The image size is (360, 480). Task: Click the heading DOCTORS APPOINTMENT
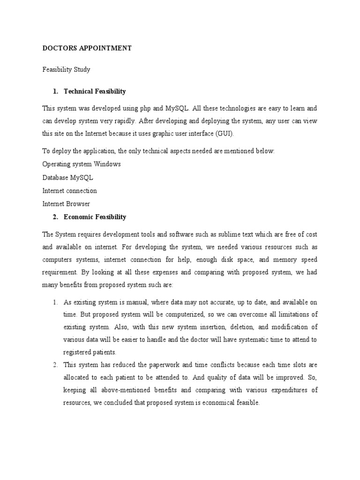coord(87,48)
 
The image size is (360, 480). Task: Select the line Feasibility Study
coord(66,69)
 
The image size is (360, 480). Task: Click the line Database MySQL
coord(67,178)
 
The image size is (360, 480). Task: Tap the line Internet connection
coord(69,191)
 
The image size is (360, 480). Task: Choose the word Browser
coord(79,204)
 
